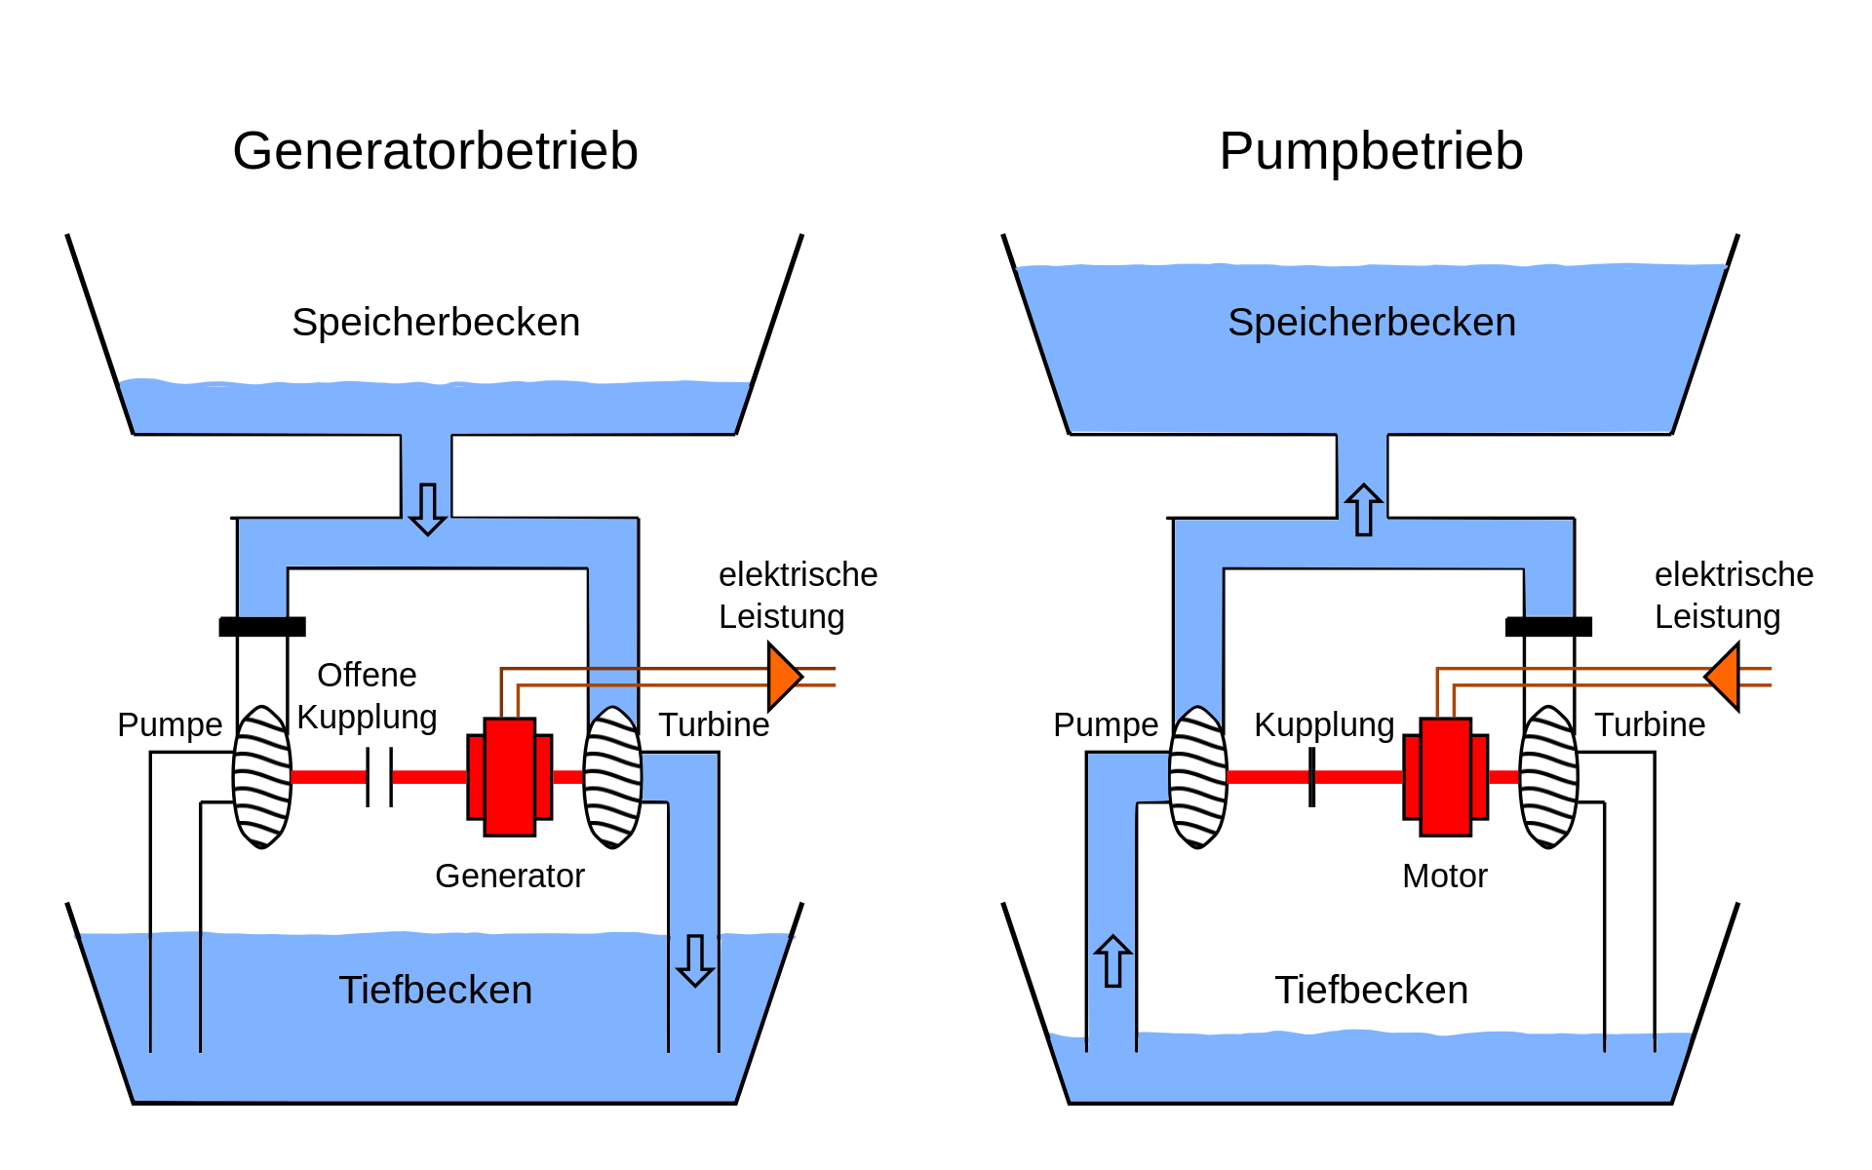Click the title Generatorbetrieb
[x=435, y=151]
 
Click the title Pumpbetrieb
[x=1371, y=151]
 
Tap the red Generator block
[x=510, y=777]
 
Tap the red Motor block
[x=1446, y=777]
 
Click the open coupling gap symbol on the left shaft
[x=379, y=777]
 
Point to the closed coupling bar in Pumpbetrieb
[x=1312, y=777]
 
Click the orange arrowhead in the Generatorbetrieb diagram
[x=783, y=677]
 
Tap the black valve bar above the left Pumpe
[x=262, y=627]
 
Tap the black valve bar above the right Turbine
[x=1548, y=627]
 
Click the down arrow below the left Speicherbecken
[x=427, y=509]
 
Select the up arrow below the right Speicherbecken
[x=1363, y=509]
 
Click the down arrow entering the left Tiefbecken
[x=694, y=960]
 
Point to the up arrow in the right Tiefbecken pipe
[x=1112, y=961]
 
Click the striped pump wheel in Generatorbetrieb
[x=262, y=777]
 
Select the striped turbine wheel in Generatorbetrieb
[x=612, y=777]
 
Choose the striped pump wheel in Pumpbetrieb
[x=1198, y=777]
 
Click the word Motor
[x=1444, y=876]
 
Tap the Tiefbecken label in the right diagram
[x=1371, y=990]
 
